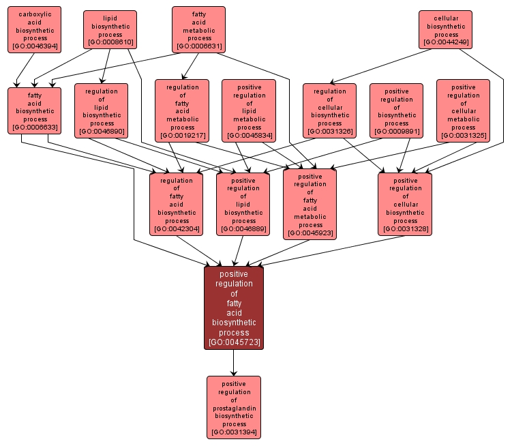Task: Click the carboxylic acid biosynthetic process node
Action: (35, 30)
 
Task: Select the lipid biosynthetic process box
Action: (110, 30)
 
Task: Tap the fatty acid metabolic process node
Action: (199, 30)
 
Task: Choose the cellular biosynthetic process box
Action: (447, 30)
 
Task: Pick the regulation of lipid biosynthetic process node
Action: (102, 110)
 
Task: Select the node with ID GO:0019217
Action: (182, 110)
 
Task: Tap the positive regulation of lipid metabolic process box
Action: (249, 110)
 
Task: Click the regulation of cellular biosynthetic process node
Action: (329, 110)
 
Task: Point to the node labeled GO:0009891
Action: (396, 110)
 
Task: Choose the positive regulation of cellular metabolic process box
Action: (463, 110)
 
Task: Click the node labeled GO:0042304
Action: (177, 205)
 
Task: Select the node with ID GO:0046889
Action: (243, 205)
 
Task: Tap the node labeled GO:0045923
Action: (310, 205)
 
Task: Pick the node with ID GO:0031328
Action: (405, 205)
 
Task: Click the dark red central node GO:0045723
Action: (234, 308)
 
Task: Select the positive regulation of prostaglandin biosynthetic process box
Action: (234, 407)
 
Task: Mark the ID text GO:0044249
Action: (447, 42)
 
